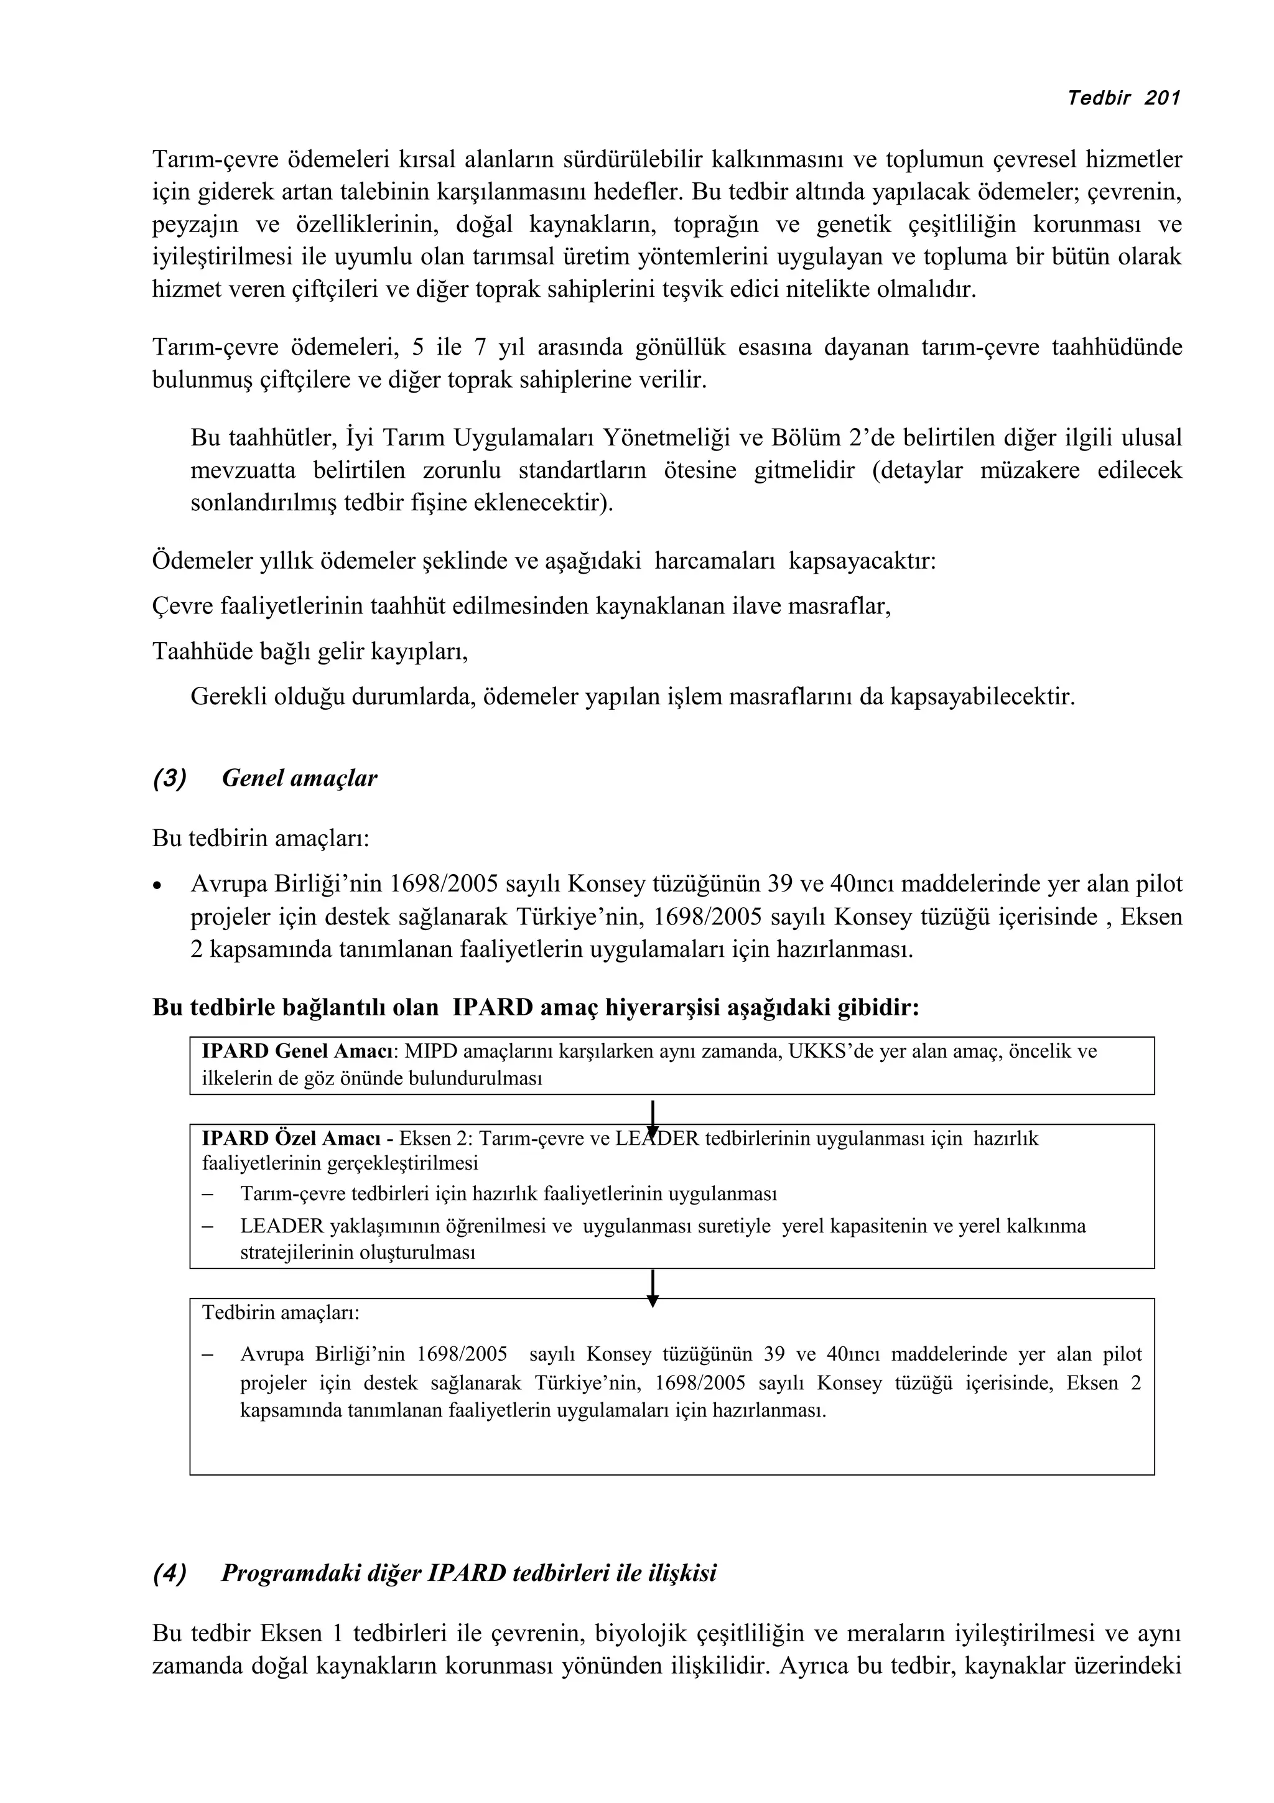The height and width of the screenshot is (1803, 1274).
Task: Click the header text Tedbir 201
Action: point(1124,98)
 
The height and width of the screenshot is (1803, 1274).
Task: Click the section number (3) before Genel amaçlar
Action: point(170,778)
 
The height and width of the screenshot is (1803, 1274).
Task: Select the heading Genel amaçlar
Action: point(299,778)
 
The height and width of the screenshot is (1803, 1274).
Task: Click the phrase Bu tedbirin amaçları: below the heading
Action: point(261,838)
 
